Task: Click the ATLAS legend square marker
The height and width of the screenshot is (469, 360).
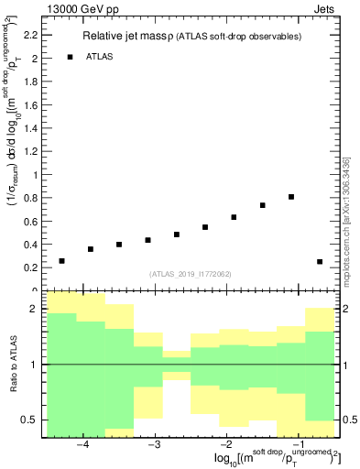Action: pos(70,57)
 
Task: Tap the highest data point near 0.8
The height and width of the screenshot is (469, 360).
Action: pos(291,197)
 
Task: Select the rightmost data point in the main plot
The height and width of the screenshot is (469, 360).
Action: pos(320,262)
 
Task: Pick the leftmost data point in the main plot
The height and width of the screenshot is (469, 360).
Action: pos(61,261)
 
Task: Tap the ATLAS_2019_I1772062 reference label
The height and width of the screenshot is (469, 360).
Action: pos(191,274)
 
